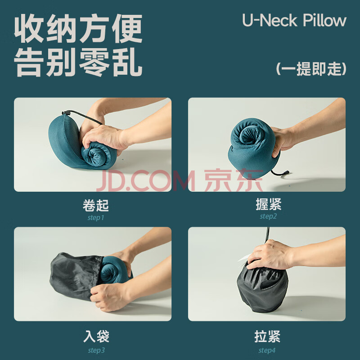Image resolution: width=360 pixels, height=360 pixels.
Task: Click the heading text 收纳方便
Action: pos(78,28)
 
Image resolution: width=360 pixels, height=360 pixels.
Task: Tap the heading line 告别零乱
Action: pos(78,63)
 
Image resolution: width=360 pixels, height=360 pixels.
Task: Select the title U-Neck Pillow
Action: pos(294,20)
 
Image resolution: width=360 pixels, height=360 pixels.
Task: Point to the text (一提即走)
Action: pos(311,69)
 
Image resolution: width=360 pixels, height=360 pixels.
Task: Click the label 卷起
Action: pos(96,205)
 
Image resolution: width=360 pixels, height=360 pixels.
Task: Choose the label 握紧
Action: pos(268,204)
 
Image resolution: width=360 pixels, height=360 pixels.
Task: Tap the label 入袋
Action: pos(96,336)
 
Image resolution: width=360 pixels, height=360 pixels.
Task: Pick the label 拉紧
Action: pos(267,336)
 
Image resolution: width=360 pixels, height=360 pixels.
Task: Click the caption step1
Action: pos(96,218)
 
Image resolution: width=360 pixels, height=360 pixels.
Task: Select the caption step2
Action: pos(268,216)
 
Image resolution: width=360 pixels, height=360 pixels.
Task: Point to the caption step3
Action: pos(96,351)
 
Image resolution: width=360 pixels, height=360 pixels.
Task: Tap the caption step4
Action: pos(267,351)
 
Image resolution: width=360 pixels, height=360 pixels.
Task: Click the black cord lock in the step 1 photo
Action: pos(65,113)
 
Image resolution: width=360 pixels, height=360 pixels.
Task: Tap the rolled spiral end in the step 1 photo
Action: pos(94,155)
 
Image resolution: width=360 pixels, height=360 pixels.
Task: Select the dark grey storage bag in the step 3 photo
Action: pos(75,276)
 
